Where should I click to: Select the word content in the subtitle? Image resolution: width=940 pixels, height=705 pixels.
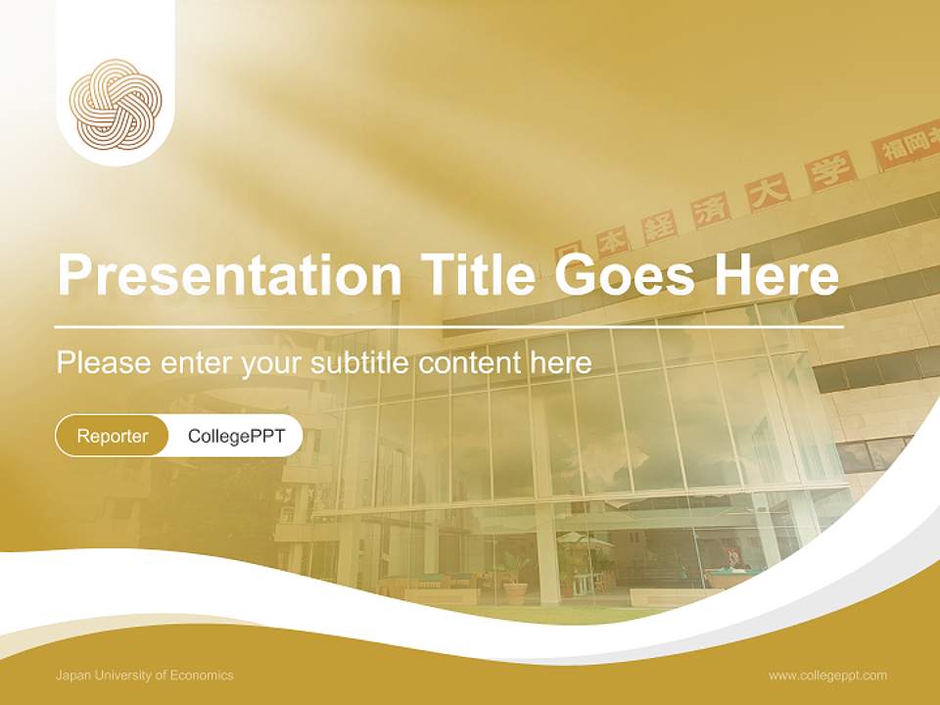pos(470,363)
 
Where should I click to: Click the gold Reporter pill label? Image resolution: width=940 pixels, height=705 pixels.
pos(113,436)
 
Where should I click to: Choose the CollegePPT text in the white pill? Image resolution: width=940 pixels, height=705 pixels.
pos(236,436)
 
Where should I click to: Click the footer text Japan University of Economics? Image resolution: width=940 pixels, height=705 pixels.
pos(145,675)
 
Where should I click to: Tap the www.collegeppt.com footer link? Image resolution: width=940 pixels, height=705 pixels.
pos(827,675)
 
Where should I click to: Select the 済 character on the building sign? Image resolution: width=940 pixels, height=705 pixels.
pos(712,210)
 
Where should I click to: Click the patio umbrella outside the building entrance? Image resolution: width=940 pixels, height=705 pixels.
pos(585,539)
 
